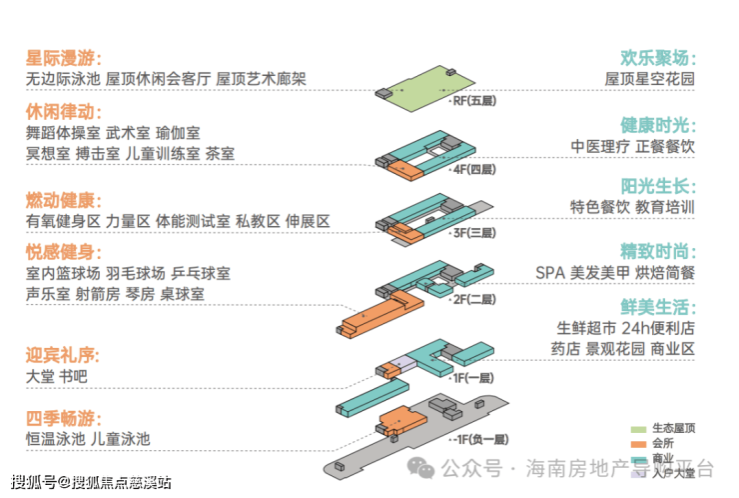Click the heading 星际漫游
coord(65,56)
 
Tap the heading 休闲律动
coord(65,111)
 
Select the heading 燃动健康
coord(65,199)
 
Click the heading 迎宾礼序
coord(65,354)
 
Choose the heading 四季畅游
coord(65,417)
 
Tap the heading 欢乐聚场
coord(657,56)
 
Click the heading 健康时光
coord(657,125)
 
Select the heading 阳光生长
coord(657,185)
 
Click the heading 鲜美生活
coord(657,306)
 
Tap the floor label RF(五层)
coord(474,100)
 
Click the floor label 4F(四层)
coord(474,170)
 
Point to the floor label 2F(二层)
coord(474,299)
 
